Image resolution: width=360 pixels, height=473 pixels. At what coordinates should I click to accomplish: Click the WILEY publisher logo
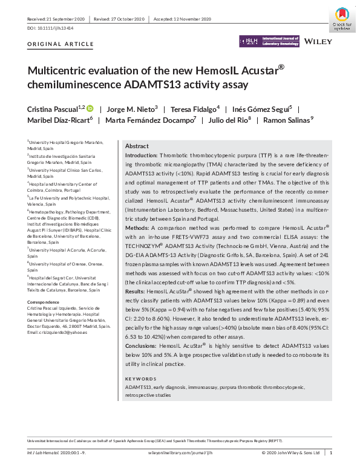tap(318, 42)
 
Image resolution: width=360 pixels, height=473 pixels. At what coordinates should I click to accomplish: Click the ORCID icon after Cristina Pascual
tap(90, 108)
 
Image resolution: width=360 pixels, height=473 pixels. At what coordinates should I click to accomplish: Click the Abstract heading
tap(137, 146)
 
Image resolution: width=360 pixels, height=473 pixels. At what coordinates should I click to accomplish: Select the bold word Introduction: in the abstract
tap(141, 155)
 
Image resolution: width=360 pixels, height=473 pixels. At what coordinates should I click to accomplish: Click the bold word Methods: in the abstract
tap(138, 228)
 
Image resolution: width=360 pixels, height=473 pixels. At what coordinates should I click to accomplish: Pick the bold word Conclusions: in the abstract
tap(141, 344)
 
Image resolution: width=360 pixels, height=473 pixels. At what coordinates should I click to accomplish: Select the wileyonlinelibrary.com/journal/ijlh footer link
tap(180, 452)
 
